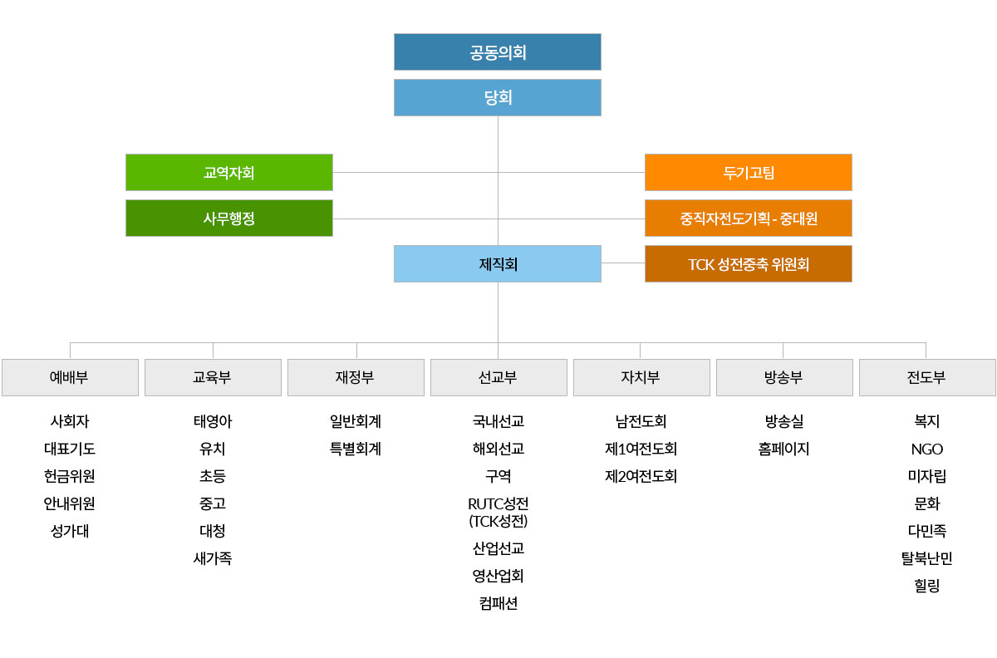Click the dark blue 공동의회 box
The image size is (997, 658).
(x=497, y=52)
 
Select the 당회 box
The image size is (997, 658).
(x=497, y=98)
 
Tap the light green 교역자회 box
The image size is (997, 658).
(x=228, y=173)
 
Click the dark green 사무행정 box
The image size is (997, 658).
(x=228, y=219)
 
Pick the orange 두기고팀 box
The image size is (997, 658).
(x=748, y=173)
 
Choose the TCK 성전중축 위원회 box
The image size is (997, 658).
(x=748, y=264)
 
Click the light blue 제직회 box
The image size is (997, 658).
(x=497, y=264)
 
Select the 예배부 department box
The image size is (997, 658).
(x=70, y=377)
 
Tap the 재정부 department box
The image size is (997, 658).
(x=356, y=377)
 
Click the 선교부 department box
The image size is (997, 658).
(x=498, y=377)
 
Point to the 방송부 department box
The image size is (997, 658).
(x=784, y=377)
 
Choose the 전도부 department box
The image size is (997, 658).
(x=927, y=377)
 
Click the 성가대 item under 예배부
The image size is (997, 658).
(x=70, y=531)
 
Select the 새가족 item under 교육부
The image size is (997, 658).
(x=213, y=558)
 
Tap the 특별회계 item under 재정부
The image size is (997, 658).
(x=356, y=449)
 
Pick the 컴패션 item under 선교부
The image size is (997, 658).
(x=498, y=603)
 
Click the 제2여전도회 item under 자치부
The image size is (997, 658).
(x=641, y=476)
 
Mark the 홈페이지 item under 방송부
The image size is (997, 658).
(x=784, y=449)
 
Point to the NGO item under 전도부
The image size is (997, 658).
(x=927, y=449)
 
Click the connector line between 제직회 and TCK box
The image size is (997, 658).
(x=623, y=263)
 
